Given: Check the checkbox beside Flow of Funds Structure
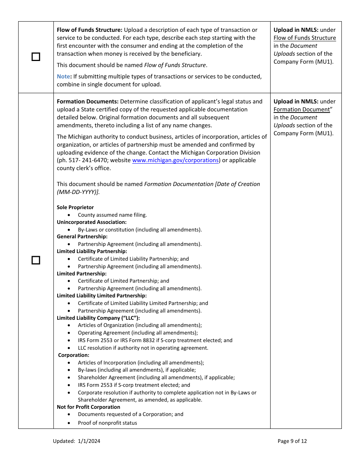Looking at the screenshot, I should click(36, 57).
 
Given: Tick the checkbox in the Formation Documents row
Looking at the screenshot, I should click(36, 260).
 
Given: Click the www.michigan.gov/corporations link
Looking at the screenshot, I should click(175, 160).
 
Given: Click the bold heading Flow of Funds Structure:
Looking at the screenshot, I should click(89, 30).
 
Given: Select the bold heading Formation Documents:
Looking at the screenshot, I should click(88, 102).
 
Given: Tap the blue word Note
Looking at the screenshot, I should click(63, 77).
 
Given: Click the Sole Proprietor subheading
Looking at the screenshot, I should click(75, 207).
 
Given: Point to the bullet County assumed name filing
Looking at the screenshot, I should click(112, 215).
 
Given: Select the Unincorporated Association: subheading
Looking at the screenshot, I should click(92, 222).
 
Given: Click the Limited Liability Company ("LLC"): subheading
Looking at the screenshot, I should click(98, 318).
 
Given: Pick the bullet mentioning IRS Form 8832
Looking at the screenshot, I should click(155, 340).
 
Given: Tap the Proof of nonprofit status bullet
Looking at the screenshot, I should click(107, 423).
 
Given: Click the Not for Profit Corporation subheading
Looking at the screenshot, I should click(88, 407).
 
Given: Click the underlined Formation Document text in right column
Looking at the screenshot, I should click(302, 109).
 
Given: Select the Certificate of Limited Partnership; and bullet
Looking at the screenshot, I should click(123, 281).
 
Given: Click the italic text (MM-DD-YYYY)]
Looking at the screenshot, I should click(78, 192).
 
